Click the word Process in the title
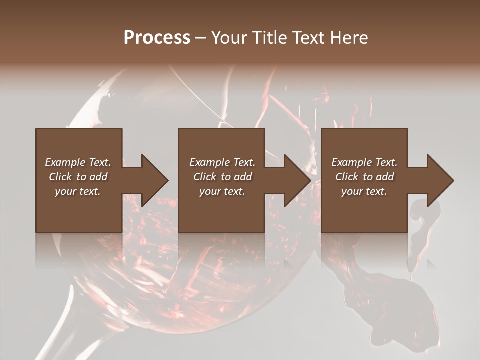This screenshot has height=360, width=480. click(x=157, y=38)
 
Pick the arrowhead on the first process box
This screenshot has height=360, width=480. click(x=153, y=180)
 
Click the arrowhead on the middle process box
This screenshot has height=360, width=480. click(x=296, y=180)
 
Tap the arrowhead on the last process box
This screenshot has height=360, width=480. click(x=438, y=180)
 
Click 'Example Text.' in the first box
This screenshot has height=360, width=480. click(x=78, y=162)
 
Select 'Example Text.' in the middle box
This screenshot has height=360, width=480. click(x=222, y=162)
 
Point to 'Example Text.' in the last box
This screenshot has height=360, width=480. click(x=364, y=162)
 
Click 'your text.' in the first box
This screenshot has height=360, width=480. click(x=78, y=191)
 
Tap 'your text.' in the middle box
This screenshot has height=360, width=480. click(x=222, y=191)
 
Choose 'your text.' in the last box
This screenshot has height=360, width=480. click(x=364, y=191)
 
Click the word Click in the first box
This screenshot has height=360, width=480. click(x=60, y=177)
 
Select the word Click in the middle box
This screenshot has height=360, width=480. click(x=205, y=177)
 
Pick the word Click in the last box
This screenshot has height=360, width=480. click(x=347, y=177)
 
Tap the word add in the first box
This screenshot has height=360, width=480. click(x=98, y=177)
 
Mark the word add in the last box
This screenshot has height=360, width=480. click(x=385, y=177)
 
